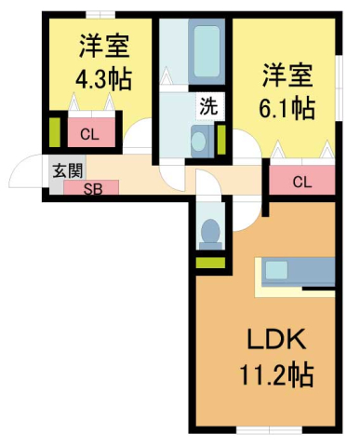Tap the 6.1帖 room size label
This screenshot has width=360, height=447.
tap(287, 107)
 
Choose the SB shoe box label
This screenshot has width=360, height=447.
tap(95, 188)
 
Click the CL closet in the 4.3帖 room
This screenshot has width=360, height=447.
tap(89, 134)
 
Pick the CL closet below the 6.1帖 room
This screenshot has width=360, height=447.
tap(301, 181)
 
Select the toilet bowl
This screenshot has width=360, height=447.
tap(211, 230)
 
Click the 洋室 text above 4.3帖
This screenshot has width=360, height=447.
tap(102, 45)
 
